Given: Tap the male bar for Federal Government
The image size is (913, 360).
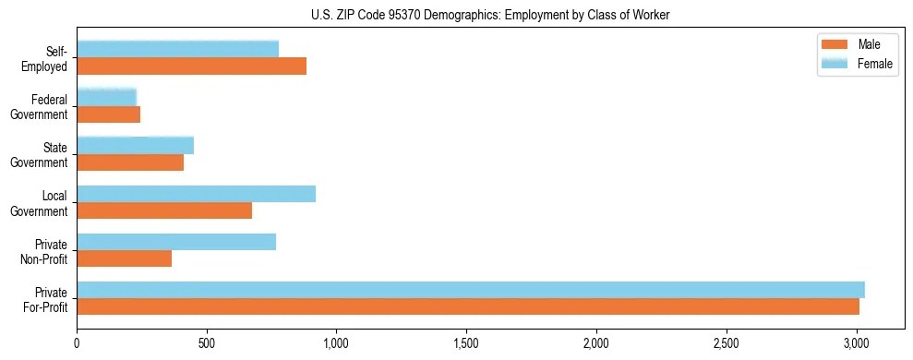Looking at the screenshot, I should (108, 114).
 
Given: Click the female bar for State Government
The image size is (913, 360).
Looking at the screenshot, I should (135, 145).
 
